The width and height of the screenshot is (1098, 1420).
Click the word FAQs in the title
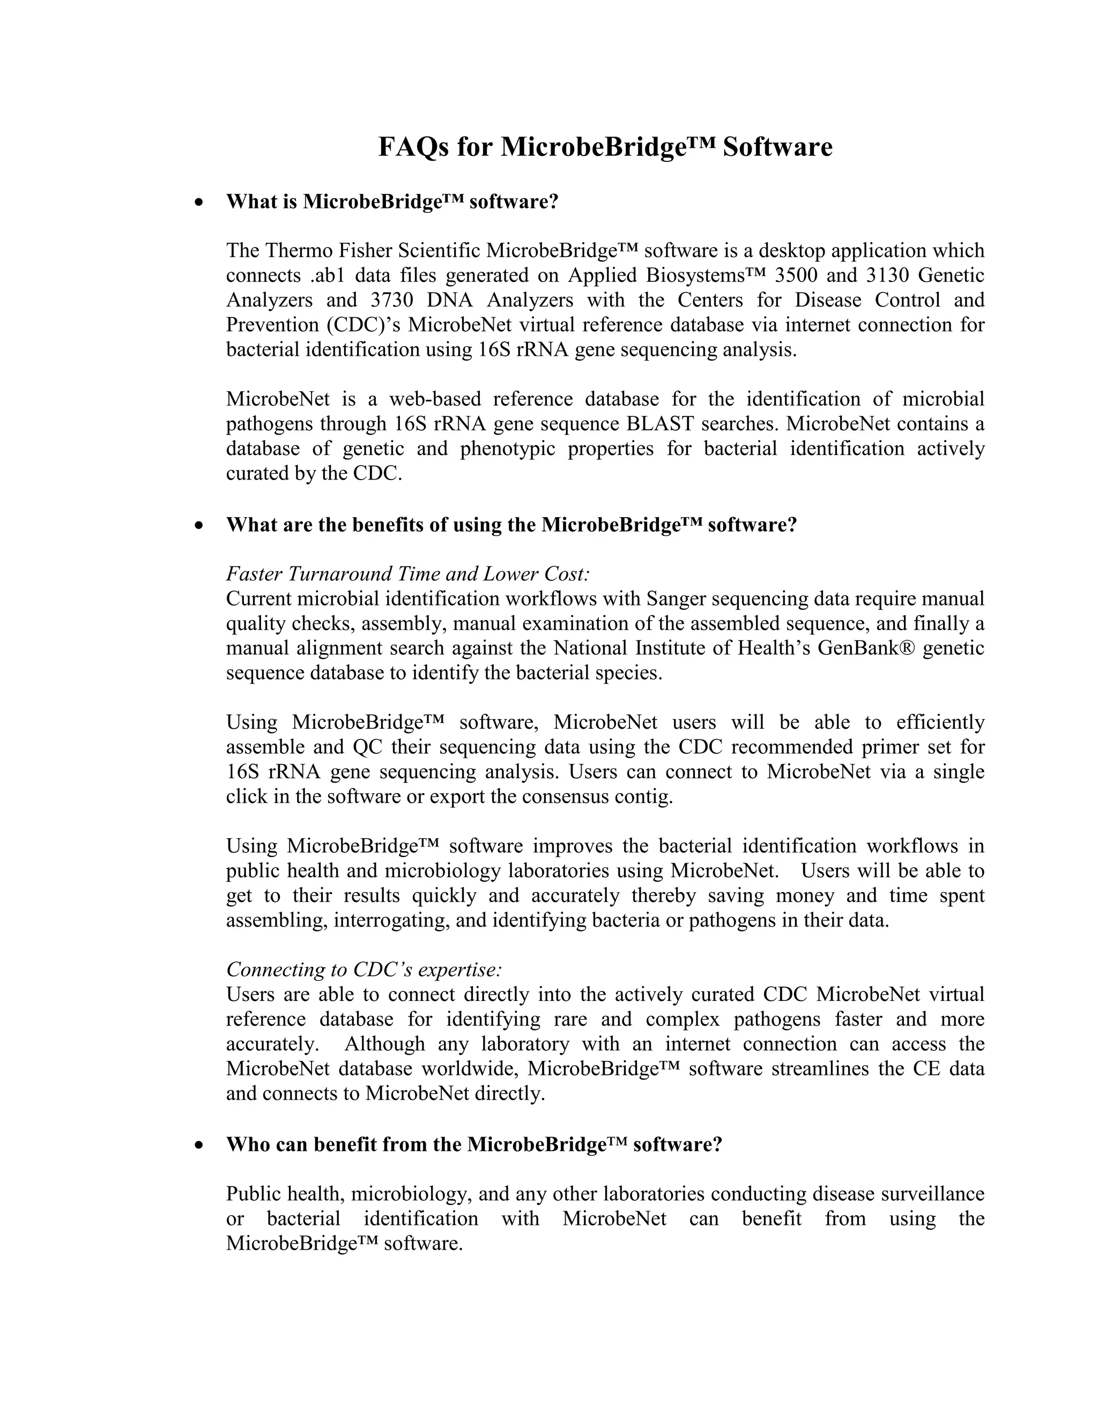coord(414,147)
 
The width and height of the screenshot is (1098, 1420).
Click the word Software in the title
coord(777,147)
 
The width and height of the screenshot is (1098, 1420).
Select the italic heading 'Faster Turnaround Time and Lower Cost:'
coord(408,574)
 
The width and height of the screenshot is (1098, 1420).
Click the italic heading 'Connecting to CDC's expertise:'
coord(364,969)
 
